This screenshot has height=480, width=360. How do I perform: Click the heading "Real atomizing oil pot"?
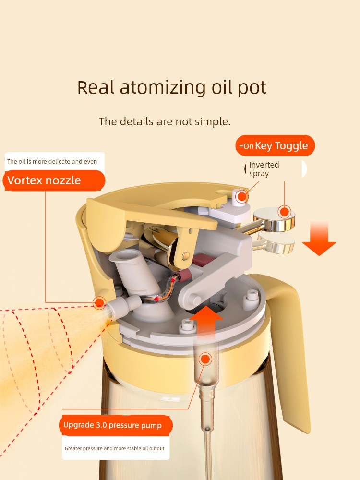pyautogui.click(x=172, y=88)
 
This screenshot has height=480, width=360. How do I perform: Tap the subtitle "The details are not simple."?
pyautogui.click(x=165, y=121)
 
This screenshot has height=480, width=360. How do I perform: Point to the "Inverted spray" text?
pyautogui.click(x=264, y=169)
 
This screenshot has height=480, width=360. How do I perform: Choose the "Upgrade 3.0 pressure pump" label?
pyautogui.click(x=113, y=425)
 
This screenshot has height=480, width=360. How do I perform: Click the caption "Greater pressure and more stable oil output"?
pyautogui.click(x=115, y=448)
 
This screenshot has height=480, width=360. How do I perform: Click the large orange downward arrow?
pyautogui.click(x=319, y=239)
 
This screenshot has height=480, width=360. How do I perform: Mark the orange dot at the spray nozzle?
pyautogui.click(x=99, y=302)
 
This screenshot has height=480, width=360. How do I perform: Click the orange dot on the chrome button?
pyautogui.click(x=285, y=211)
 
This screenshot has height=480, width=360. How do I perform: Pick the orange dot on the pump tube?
pyautogui.click(x=205, y=359)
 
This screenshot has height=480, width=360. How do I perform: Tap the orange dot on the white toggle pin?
pyautogui.click(x=242, y=196)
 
